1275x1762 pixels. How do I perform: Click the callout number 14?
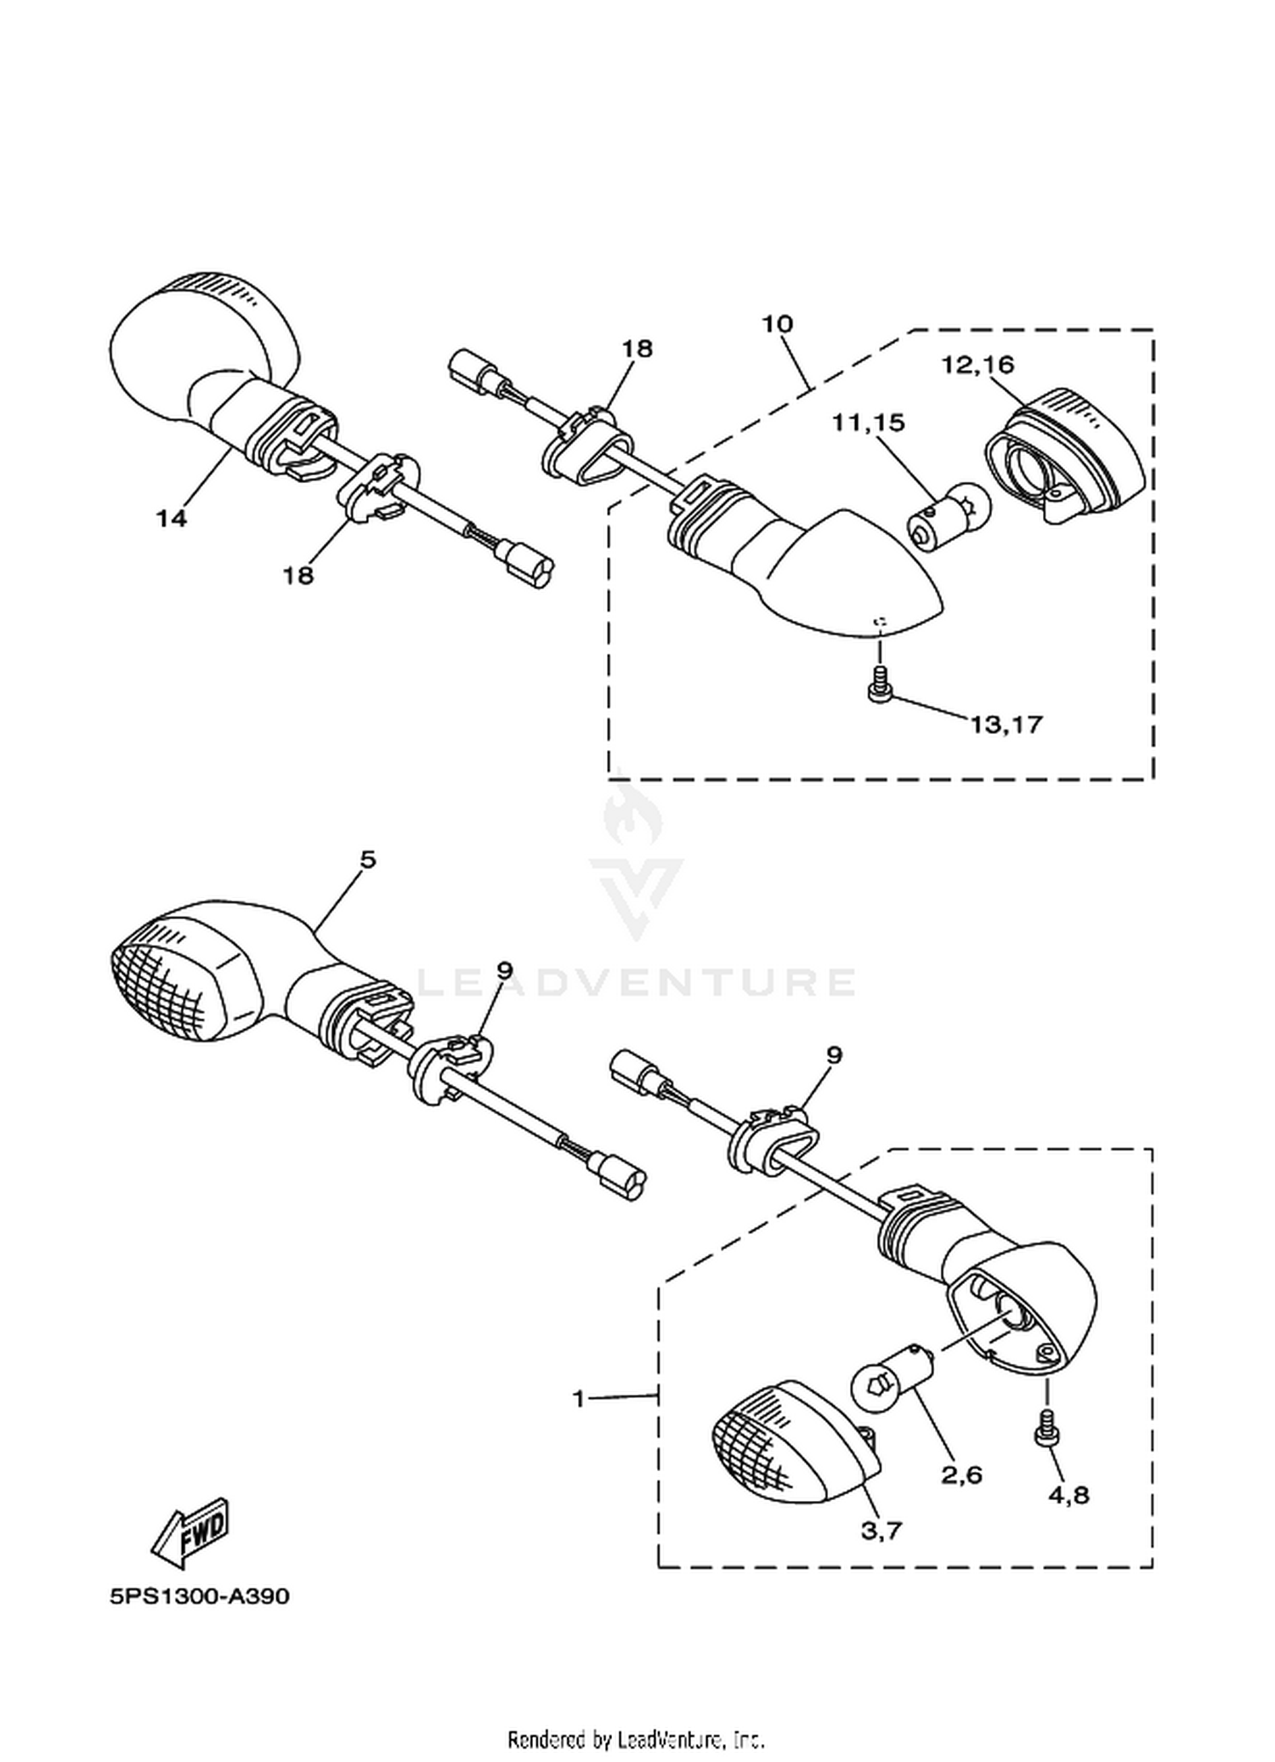171,518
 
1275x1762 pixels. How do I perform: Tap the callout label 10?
777,324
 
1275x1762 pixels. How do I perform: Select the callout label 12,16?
977,365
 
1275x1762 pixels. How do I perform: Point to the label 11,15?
869,423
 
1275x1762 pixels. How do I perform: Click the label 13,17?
1006,725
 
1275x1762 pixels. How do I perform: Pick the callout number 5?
367,860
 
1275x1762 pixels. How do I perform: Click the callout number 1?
579,1398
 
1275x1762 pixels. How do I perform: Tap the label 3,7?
881,1531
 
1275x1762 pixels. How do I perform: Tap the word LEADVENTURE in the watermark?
635,983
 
